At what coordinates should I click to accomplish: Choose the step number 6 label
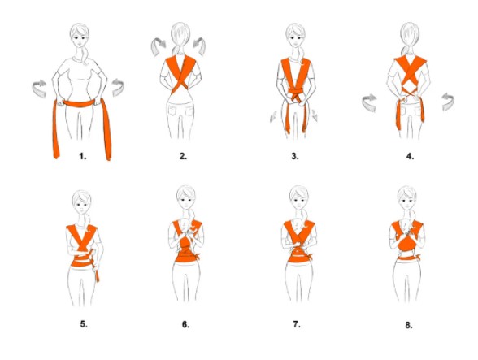tap(185, 323)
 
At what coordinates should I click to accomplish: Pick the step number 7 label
tap(296, 323)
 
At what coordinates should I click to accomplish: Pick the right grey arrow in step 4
tap(447, 102)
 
